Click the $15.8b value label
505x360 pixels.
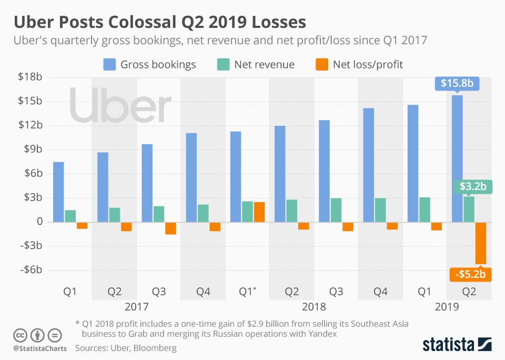[457, 83]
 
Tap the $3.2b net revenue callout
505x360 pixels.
[472, 186]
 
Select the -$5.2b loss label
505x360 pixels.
[470, 274]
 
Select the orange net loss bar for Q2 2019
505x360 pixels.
[481, 243]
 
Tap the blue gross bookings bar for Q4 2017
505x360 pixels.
[191, 177]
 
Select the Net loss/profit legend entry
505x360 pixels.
[359, 65]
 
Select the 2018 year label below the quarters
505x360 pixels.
[315, 306]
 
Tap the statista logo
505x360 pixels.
[457, 345]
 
